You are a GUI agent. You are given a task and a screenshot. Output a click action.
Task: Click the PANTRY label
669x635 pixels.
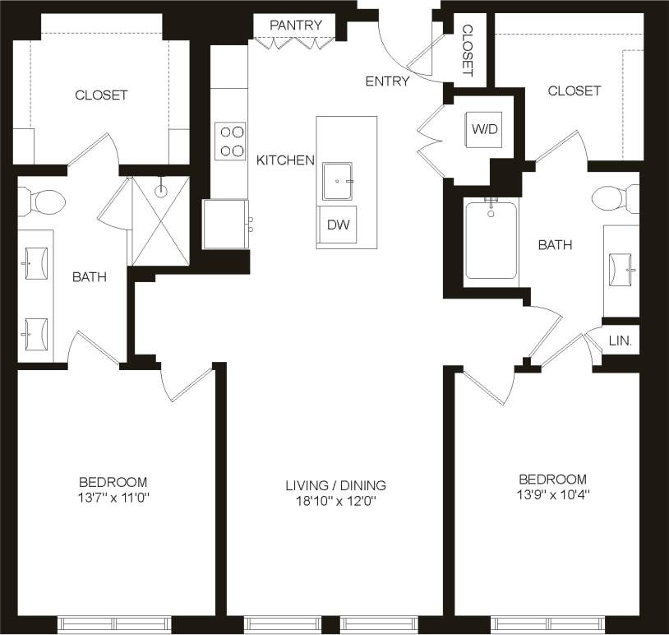point(296,25)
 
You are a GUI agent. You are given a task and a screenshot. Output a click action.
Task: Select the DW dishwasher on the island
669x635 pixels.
point(337,225)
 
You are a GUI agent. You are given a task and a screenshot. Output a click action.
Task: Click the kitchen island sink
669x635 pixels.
point(337,181)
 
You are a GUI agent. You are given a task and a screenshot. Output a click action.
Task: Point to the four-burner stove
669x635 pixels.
point(230,141)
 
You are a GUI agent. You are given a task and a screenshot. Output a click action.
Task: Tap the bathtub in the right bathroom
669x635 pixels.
point(491,239)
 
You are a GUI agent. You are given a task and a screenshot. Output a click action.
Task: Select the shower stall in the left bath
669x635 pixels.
point(160,220)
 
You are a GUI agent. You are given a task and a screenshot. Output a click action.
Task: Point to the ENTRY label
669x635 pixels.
point(387,81)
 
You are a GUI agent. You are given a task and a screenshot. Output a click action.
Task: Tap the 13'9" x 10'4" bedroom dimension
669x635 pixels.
point(552,495)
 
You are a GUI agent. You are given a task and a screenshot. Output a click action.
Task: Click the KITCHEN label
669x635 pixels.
point(285,160)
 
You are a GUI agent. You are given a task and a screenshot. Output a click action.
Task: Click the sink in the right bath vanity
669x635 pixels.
point(621,267)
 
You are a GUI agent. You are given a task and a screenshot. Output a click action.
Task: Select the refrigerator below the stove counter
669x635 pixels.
point(225,224)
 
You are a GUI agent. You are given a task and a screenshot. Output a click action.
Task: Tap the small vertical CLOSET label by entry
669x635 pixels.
point(468,50)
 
